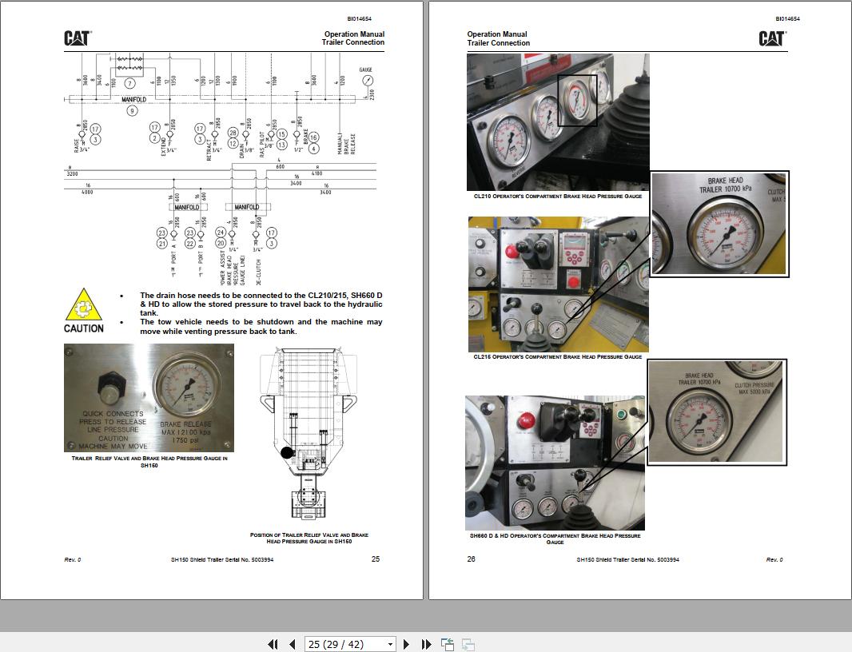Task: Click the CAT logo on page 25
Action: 78,38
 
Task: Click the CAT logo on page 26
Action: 771,38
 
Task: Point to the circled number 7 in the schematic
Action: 129,83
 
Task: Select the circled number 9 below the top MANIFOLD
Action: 133,111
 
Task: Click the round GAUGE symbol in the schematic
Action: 367,81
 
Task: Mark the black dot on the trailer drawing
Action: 287,452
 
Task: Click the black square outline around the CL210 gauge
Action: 577,101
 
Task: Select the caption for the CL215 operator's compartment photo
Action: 558,356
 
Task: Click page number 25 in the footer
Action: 376,559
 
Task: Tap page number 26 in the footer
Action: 471,559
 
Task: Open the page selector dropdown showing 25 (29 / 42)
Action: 350,644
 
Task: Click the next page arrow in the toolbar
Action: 406,644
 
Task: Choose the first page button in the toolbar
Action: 273,644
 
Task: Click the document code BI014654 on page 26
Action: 786,18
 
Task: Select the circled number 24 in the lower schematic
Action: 221,233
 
